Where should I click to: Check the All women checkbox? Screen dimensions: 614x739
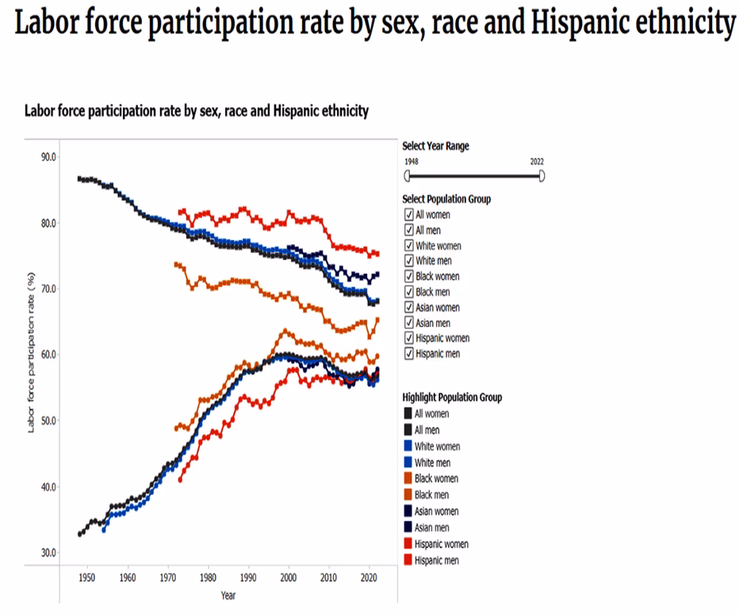tap(408, 214)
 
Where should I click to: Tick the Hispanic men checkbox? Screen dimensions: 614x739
tap(408, 354)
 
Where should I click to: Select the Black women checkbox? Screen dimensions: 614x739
tap(408, 276)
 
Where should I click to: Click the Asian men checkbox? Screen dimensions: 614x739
tap(408, 323)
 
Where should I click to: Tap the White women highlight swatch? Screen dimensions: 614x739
tap(408, 446)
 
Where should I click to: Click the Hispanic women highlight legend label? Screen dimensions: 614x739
tap(441, 544)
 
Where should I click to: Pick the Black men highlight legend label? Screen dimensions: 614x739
tap(432, 495)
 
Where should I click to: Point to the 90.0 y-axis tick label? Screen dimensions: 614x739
tap(48, 157)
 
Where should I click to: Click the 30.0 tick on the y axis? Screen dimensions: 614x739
tap(48, 552)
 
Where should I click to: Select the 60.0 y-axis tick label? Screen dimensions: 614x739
tap(48, 355)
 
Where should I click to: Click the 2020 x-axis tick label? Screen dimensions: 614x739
tap(369, 578)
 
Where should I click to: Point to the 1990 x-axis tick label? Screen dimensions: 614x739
tap(248, 578)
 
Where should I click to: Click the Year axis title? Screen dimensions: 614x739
tap(228, 596)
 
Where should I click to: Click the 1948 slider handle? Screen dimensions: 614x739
tap(408, 176)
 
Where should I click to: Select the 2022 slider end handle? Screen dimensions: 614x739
tap(542, 176)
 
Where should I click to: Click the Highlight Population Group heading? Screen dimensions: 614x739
tap(452, 397)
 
